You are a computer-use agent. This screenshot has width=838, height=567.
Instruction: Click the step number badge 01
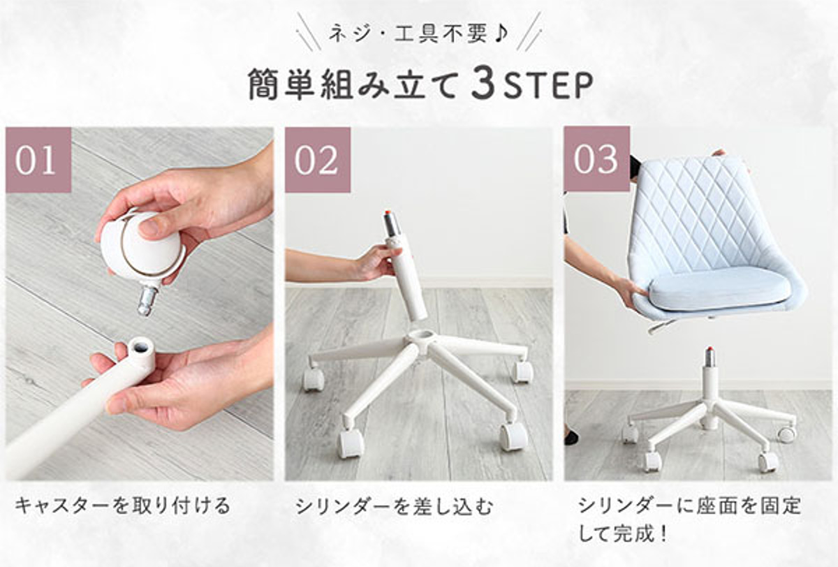click(x=38, y=160)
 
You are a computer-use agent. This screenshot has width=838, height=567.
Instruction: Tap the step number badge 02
click(x=318, y=160)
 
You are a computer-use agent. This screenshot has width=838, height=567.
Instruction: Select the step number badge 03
click(x=597, y=159)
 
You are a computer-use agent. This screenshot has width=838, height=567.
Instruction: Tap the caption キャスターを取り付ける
click(x=122, y=506)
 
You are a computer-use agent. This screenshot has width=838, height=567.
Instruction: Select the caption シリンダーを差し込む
click(x=395, y=507)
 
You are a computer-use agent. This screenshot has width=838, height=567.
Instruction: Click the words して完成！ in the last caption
click(x=623, y=533)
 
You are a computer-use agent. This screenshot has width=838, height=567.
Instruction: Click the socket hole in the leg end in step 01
click(x=140, y=345)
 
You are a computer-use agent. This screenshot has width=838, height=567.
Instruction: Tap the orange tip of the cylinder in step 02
click(x=387, y=214)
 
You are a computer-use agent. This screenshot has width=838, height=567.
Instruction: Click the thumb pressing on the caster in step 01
click(x=154, y=228)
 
